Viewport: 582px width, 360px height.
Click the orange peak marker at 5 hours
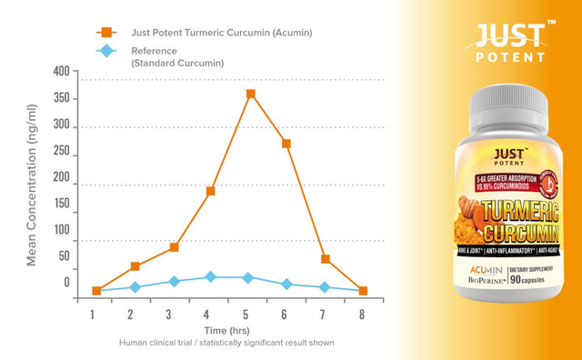pos(250,95)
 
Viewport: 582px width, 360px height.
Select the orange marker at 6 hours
pos(286,143)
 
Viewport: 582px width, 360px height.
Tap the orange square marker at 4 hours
pos(210,191)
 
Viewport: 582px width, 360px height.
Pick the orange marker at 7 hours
pos(326,259)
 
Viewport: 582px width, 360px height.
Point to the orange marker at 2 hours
pos(135,266)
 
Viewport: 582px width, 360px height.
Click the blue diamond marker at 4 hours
pos(210,276)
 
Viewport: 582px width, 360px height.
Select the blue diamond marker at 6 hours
pos(286,284)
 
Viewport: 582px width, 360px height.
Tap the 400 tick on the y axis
pos(60,73)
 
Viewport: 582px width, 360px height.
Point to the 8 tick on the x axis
pos(362,315)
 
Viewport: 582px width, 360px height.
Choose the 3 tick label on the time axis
pos(169,315)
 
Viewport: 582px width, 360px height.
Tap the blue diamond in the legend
pos(108,52)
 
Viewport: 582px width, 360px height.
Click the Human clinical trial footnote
pos(226,344)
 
